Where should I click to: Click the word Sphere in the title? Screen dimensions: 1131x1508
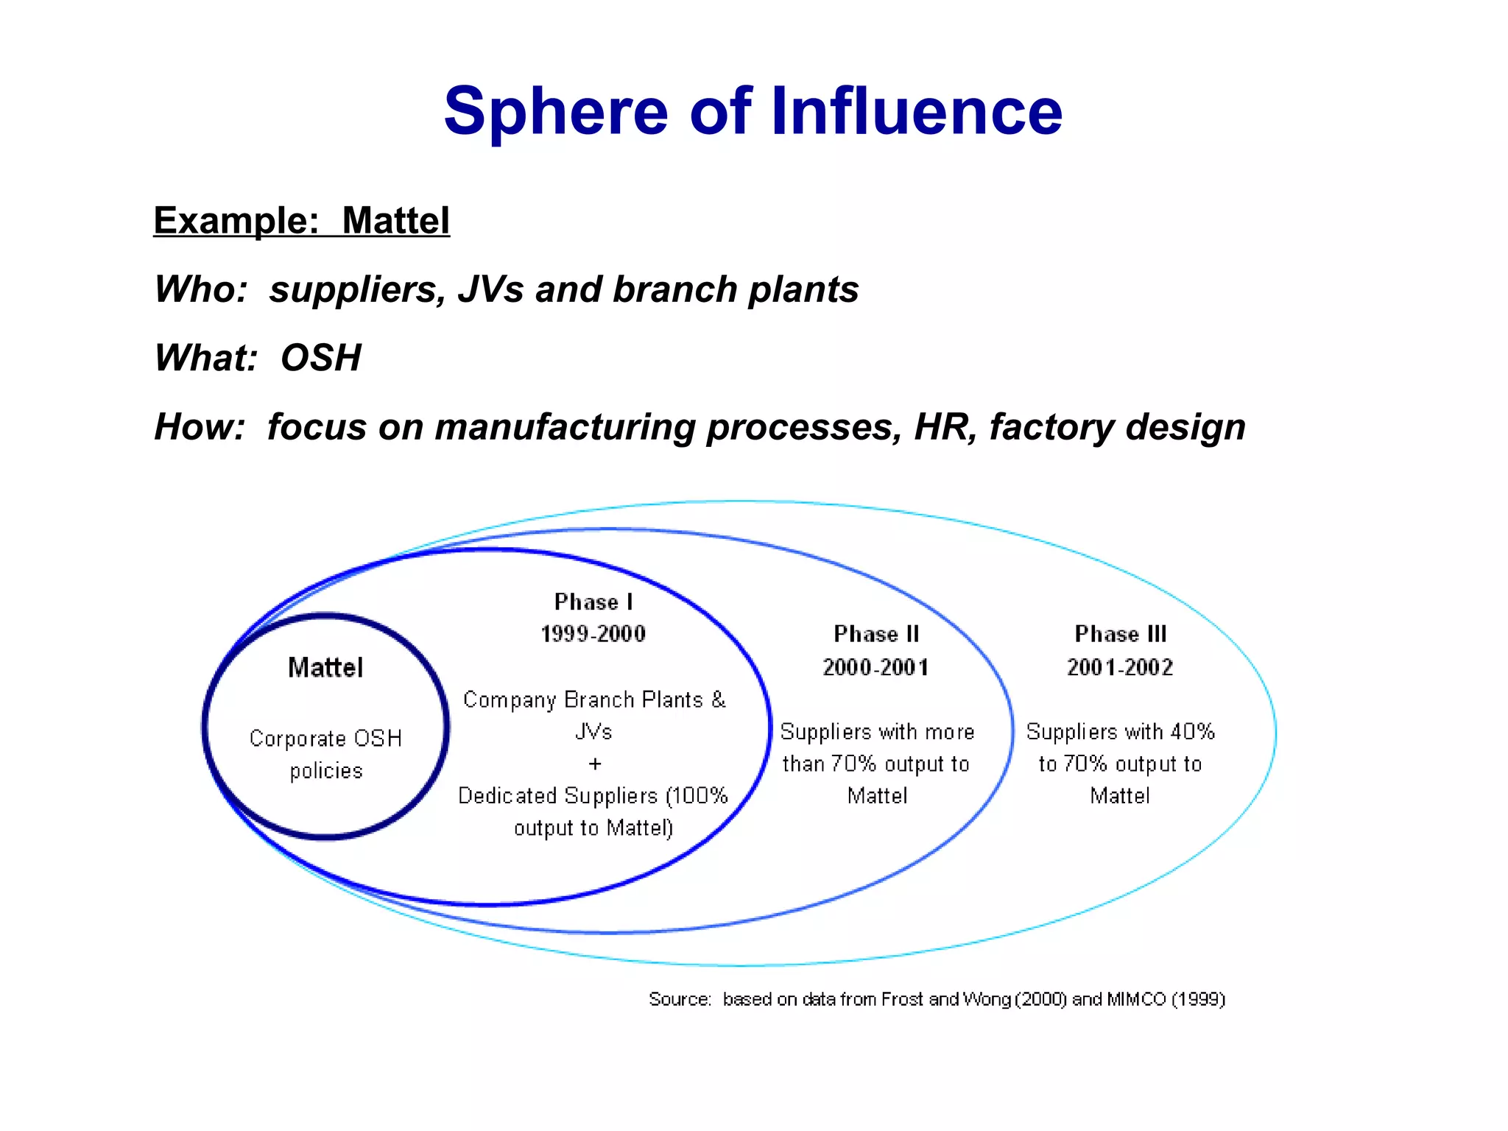(x=556, y=112)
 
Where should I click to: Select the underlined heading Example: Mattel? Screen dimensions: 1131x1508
(x=301, y=220)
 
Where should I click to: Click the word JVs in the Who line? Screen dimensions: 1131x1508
(x=490, y=289)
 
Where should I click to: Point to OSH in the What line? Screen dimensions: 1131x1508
(x=321, y=358)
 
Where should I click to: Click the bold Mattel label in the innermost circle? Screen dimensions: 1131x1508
(x=325, y=667)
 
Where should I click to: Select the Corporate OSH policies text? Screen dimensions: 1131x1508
(x=325, y=754)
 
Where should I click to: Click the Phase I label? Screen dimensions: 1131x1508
(x=593, y=602)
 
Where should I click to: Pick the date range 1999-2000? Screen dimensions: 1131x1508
(x=593, y=633)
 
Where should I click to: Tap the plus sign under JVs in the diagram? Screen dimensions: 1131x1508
(x=595, y=764)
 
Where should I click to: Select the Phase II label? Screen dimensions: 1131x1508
(x=876, y=634)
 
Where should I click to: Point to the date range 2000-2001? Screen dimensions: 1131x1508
(x=875, y=667)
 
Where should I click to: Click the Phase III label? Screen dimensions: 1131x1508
(x=1120, y=634)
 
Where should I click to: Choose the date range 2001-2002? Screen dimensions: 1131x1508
(x=1120, y=667)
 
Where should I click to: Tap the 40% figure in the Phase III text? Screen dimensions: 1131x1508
(x=1192, y=731)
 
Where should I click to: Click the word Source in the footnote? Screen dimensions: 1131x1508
(x=678, y=999)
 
